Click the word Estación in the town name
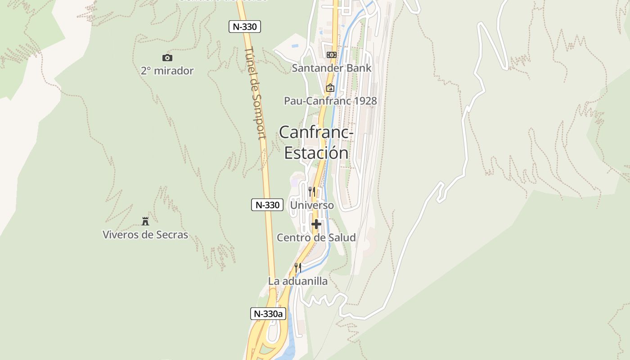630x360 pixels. tap(316, 153)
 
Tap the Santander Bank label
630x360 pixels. tap(332, 68)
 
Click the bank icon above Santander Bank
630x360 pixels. tap(332, 55)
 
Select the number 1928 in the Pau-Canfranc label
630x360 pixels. tap(365, 101)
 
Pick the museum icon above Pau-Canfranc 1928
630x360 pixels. tap(330, 88)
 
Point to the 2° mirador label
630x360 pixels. tap(167, 71)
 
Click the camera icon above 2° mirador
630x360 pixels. tap(167, 58)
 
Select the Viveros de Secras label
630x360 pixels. tap(145, 234)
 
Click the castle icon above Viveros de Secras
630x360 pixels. tap(145, 221)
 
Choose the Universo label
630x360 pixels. tap(312, 205)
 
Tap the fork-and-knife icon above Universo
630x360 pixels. tap(311, 191)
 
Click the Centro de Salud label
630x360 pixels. tap(316, 238)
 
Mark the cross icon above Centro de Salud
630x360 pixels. tap(316, 224)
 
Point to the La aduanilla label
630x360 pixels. tap(298, 281)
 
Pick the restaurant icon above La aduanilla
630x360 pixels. tap(297, 268)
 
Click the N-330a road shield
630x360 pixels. tap(268, 314)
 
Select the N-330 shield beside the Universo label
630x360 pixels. tap(267, 205)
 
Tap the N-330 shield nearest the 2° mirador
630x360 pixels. tap(245, 27)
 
